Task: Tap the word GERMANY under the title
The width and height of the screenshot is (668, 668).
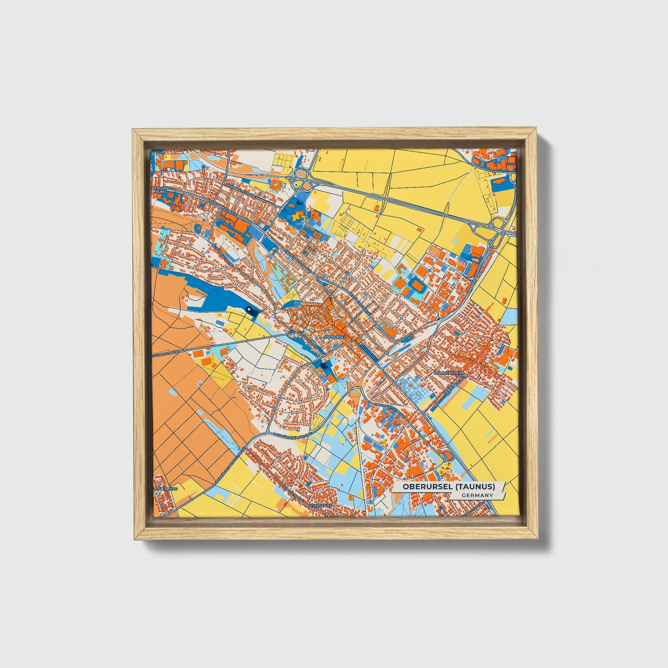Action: tap(477, 496)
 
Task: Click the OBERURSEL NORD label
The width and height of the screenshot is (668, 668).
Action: tap(164, 190)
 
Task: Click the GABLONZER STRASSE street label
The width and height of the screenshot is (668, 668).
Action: tap(388, 410)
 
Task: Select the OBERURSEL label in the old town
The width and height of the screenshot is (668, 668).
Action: tap(335, 337)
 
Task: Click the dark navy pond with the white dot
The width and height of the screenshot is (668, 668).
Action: tap(252, 311)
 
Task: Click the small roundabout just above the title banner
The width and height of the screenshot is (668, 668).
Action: tap(445, 460)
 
